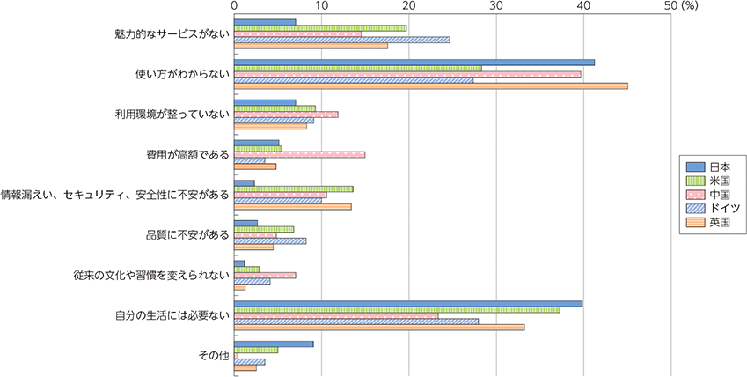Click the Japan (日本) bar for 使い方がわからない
[x=414, y=62]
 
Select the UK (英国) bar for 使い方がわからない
[x=430, y=85]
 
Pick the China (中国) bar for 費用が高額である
[x=299, y=154]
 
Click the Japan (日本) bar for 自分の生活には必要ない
[x=407, y=304]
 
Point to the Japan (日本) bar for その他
[x=274, y=344]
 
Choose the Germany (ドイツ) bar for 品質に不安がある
[x=270, y=240]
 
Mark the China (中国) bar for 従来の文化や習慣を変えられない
[x=265, y=275]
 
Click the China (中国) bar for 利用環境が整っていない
[x=286, y=115]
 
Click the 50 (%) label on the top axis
[x=678, y=6]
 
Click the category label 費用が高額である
[x=187, y=154]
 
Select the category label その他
[x=215, y=355]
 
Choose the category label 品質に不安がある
[x=187, y=234]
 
